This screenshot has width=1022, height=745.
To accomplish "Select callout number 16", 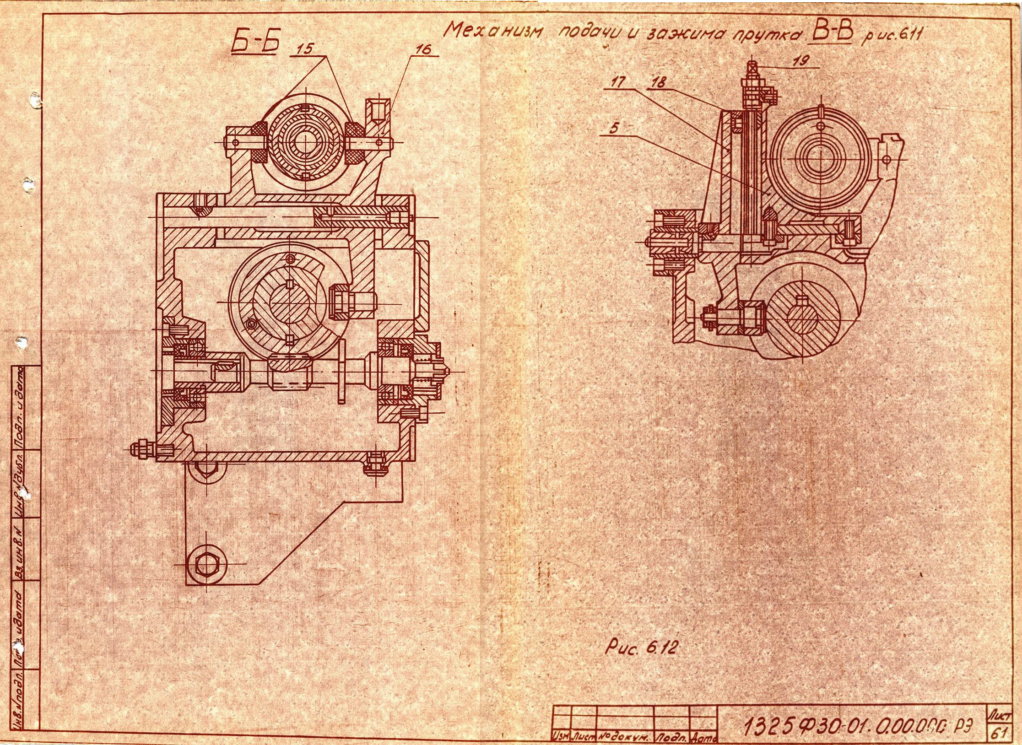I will pyautogui.click(x=424, y=49).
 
